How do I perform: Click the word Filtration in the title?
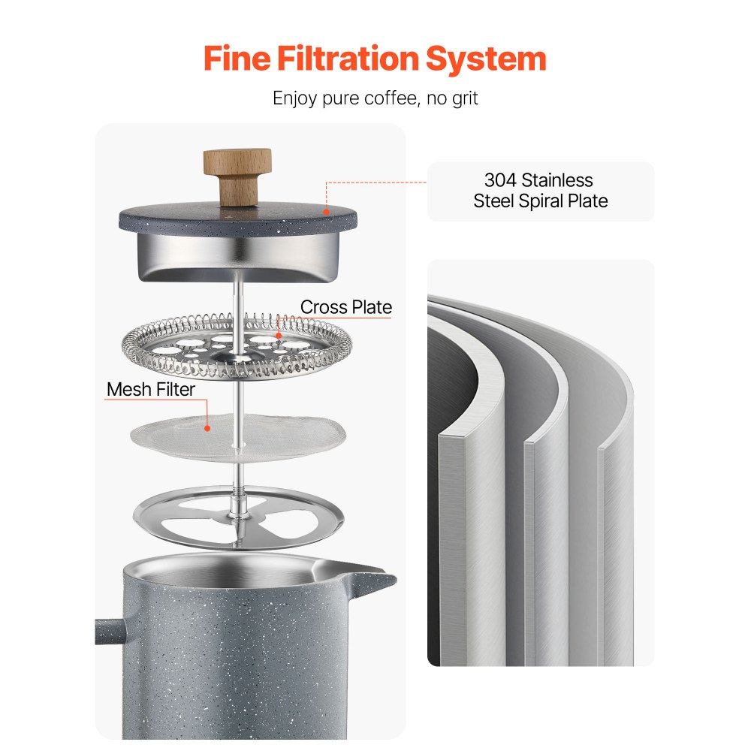pyautogui.click(x=363, y=59)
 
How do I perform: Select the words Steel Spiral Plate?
pyautogui.click(x=540, y=201)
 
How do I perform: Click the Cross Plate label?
pyautogui.click(x=346, y=307)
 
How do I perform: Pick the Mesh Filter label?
pyautogui.click(x=151, y=389)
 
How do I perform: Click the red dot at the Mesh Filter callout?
pyautogui.click(x=208, y=427)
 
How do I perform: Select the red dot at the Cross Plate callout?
pyautogui.click(x=279, y=336)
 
